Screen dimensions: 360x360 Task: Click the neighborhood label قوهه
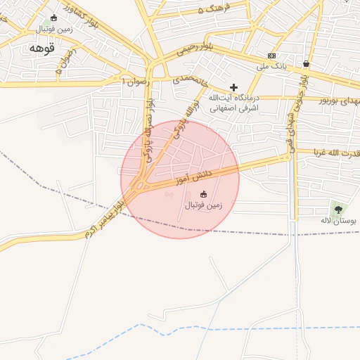41,48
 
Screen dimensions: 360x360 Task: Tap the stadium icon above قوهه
54,18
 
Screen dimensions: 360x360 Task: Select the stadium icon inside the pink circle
204,194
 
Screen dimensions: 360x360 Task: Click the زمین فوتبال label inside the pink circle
203,205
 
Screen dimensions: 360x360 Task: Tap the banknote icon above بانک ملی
272,56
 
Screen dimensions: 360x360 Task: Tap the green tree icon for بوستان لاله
338,209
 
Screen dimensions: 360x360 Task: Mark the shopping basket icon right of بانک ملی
306,63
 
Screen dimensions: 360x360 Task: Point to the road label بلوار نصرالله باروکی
148,130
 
